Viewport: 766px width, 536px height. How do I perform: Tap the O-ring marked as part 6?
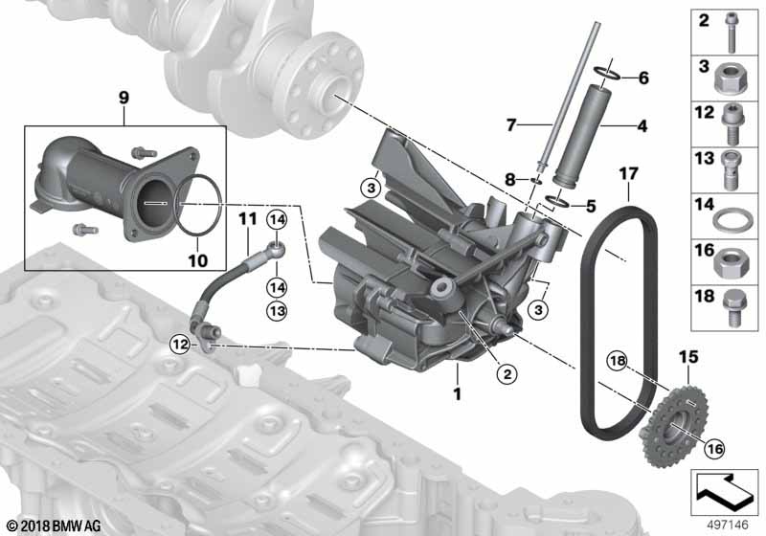pos(608,72)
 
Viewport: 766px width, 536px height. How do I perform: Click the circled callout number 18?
pos(618,361)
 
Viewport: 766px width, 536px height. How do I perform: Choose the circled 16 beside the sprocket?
pos(714,448)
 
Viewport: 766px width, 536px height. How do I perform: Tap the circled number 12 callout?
pos(180,345)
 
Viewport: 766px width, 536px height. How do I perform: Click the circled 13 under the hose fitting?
pos(277,310)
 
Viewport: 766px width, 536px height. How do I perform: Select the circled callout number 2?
pos(507,374)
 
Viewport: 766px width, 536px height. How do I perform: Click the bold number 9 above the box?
pos(124,98)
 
